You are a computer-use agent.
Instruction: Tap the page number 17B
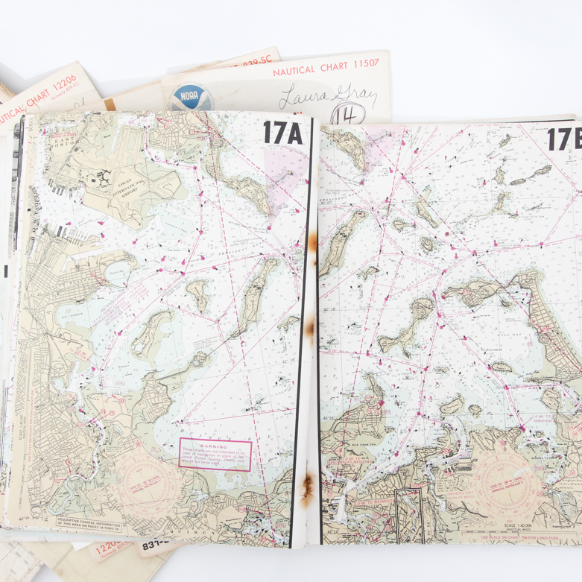pos(564,140)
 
